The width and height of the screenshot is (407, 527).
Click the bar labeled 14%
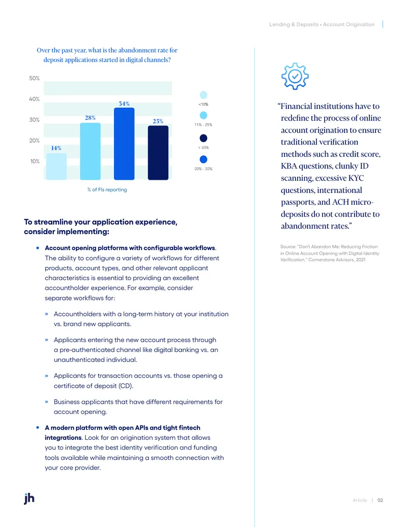pyautogui.click(x=56, y=167)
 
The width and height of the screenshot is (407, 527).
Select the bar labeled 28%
pyautogui.click(x=90, y=151)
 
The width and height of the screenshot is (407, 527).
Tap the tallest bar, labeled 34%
pyautogui.click(x=124, y=144)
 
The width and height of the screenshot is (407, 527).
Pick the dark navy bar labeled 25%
pyautogui.click(x=158, y=153)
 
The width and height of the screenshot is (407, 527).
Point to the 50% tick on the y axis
pyautogui.click(x=34, y=78)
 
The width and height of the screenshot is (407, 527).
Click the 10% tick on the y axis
pyautogui.click(x=35, y=161)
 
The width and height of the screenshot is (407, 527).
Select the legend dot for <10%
pyautogui.click(x=203, y=95)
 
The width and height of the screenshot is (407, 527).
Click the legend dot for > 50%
pyautogui.click(x=203, y=138)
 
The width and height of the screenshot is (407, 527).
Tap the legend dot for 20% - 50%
pyautogui.click(x=203, y=159)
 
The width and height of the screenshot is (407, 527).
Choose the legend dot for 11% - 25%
pyautogui.click(x=203, y=115)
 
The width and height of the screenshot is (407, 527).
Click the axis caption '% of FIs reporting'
pyautogui.click(x=107, y=189)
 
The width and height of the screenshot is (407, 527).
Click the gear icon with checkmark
pyautogui.click(x=295, y=76)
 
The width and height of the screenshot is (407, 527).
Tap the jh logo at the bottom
pyautogui.click(x=29, y=498)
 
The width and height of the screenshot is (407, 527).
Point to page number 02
pyautogui.click(x=380, y=500)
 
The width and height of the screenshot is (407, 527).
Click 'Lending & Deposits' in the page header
pyautogui.click(x=294, y=24)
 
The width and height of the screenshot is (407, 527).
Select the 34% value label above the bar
pyautogui.click(x=124, y=103)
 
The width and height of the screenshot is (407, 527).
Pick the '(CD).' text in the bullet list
pyautogui.click(x=126, y=386)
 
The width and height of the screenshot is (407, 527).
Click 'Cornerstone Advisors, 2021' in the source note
pyautogui.click(x=337, y=260)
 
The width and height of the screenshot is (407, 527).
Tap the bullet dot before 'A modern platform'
pyautogui.click(x=38, y=428)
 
